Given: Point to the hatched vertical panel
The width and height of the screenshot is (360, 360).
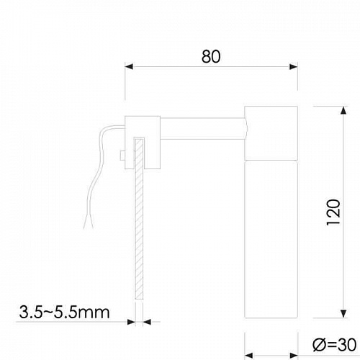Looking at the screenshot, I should tap(139, 230).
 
